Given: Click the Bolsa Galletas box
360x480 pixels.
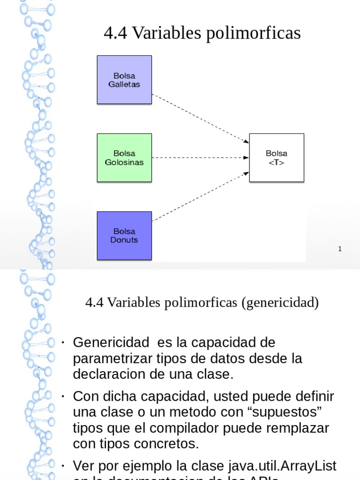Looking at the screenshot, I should point(124,80).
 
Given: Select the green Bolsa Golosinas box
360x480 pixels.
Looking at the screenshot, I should point(124,157).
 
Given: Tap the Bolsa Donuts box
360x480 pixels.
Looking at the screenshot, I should point(124,235).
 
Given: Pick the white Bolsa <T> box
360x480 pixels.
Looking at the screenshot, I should point(277,157).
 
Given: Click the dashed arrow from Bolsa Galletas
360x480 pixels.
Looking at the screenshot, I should point(200,119).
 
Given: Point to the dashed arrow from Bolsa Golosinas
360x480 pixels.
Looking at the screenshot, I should point(200,157).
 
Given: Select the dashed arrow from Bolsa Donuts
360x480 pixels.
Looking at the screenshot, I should point(200,196).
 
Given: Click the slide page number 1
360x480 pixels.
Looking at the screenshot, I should point(340,249).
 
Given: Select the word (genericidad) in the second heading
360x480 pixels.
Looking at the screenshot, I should point(280,303).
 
